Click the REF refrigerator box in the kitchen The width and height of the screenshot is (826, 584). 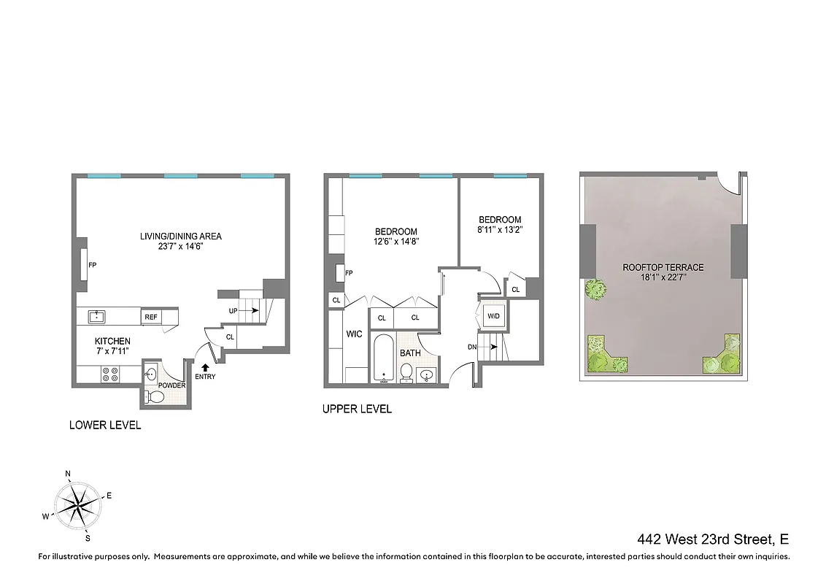[151, 317]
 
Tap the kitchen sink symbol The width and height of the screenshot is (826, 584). [96, 316]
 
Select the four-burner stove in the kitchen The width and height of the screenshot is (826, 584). [110, 374]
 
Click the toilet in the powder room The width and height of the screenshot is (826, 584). [155, 396]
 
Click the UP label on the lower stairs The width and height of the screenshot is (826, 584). [233, 311]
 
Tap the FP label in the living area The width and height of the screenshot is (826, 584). [92, 266]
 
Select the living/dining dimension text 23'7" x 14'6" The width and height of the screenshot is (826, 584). [181, 247]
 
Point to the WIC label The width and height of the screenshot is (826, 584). [354, 334]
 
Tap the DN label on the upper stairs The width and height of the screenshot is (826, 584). [473, 347]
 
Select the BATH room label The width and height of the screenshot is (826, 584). [410, 353]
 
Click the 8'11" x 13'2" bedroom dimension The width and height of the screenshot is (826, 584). [500, 231]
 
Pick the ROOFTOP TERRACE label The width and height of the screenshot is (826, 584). [663, 267]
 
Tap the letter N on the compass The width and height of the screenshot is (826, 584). [68, 474]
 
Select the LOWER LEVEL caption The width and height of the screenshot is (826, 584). [105, 425]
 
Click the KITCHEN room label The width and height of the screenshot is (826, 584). [112, 341]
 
